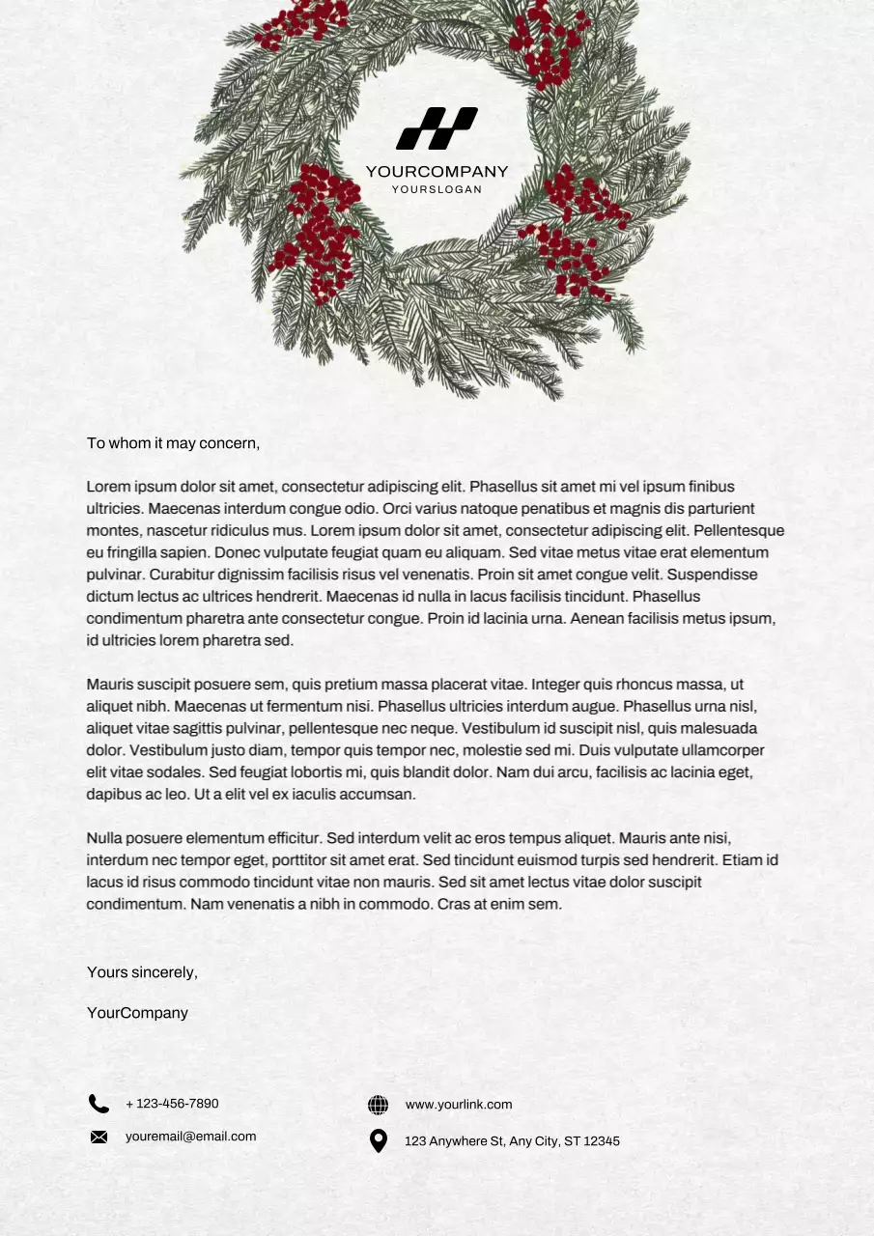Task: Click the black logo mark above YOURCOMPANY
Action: coord(437,128)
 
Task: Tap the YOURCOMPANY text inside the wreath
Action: coord(437,172)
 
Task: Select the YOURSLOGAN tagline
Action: coord(437,189)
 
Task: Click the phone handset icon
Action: coord(99,1104)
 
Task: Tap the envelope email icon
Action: coord(99,1137)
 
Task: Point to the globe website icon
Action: coord(379,1105)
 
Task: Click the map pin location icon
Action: coord(379,1141)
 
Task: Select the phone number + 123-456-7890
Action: coord(172,1104)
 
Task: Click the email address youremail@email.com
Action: coord(190,1137)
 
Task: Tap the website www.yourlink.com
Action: coord(459,1105)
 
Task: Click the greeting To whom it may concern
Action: coord(173,443)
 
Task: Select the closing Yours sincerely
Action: coord(142,972)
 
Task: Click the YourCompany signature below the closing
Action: coord(137,1013)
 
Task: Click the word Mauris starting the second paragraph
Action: coord(109,685)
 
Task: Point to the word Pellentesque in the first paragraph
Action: coord(739,531)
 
